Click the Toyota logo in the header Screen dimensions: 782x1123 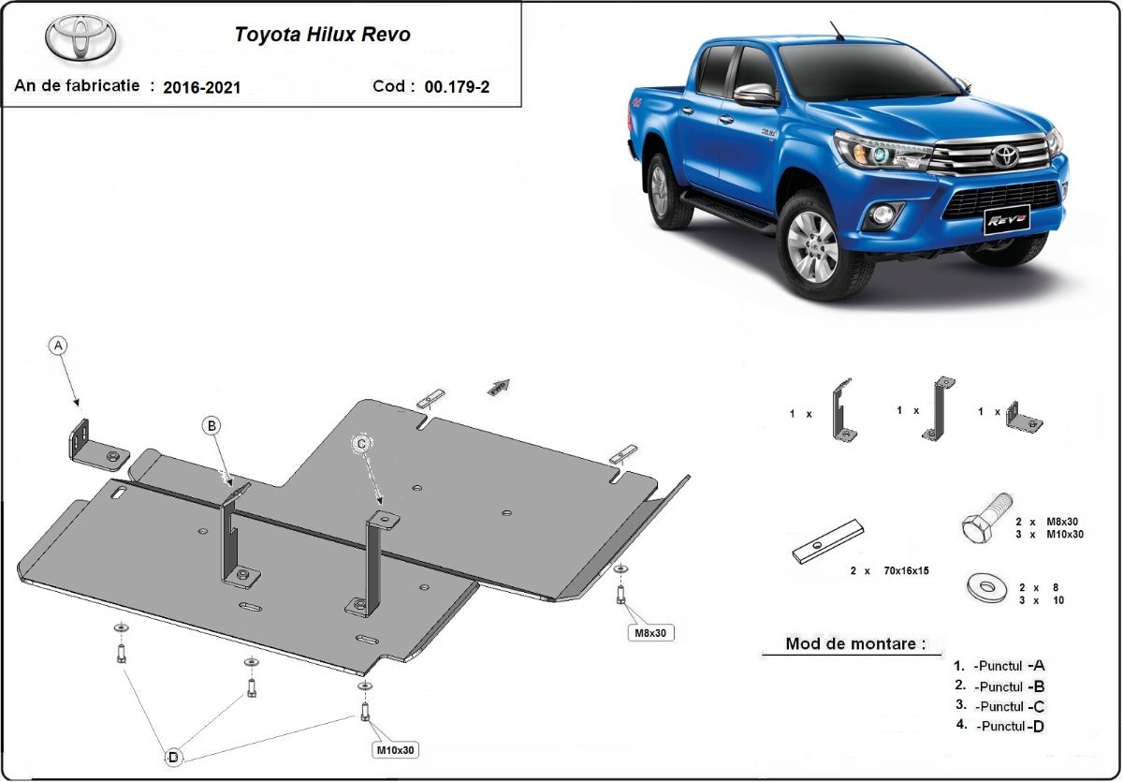point(80,38)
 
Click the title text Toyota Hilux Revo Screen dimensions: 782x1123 point(322,36)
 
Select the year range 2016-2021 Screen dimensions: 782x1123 point(201,88)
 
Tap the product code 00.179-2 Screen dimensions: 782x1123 point(457,87)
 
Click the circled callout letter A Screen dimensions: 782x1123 point(59,346)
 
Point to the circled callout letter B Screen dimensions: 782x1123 point(212,426)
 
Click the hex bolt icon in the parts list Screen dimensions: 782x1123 point(986,516)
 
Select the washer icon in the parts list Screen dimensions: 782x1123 point(986,589)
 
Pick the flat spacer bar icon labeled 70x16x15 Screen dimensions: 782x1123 point(827,542)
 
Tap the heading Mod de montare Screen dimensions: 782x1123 point(855,644)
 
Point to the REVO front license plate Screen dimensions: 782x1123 point(1006,219)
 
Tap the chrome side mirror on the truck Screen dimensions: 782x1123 point(754,94)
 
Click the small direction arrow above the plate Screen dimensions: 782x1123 point(501,386)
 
